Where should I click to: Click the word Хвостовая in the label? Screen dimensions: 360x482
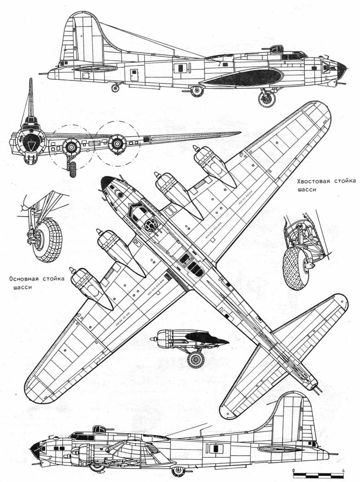[310, 181]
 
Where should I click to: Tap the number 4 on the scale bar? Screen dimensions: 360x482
[343, 471]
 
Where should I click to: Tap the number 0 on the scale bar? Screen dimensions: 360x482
[294, 471]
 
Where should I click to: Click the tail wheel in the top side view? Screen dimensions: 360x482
[115, 88]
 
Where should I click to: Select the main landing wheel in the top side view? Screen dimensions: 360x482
[267, 98]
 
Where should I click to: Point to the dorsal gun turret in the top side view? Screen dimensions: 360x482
[276, 49]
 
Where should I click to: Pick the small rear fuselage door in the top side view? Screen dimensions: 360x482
[134, 75]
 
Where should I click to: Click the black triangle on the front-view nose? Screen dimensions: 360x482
[31, 145]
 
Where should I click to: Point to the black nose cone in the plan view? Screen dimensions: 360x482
[106, 183]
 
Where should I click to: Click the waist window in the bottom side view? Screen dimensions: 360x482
[217, 448]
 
